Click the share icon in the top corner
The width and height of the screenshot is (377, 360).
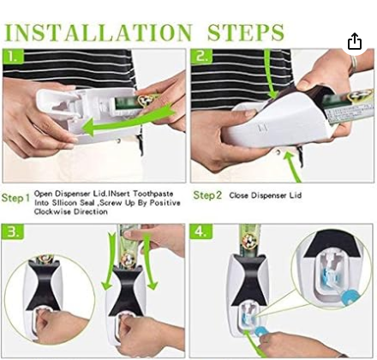point(355,42)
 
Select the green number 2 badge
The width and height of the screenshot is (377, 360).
point(201,57)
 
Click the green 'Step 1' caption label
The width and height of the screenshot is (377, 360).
point(15,198)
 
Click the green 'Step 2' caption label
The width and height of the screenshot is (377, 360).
point(207,195)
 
